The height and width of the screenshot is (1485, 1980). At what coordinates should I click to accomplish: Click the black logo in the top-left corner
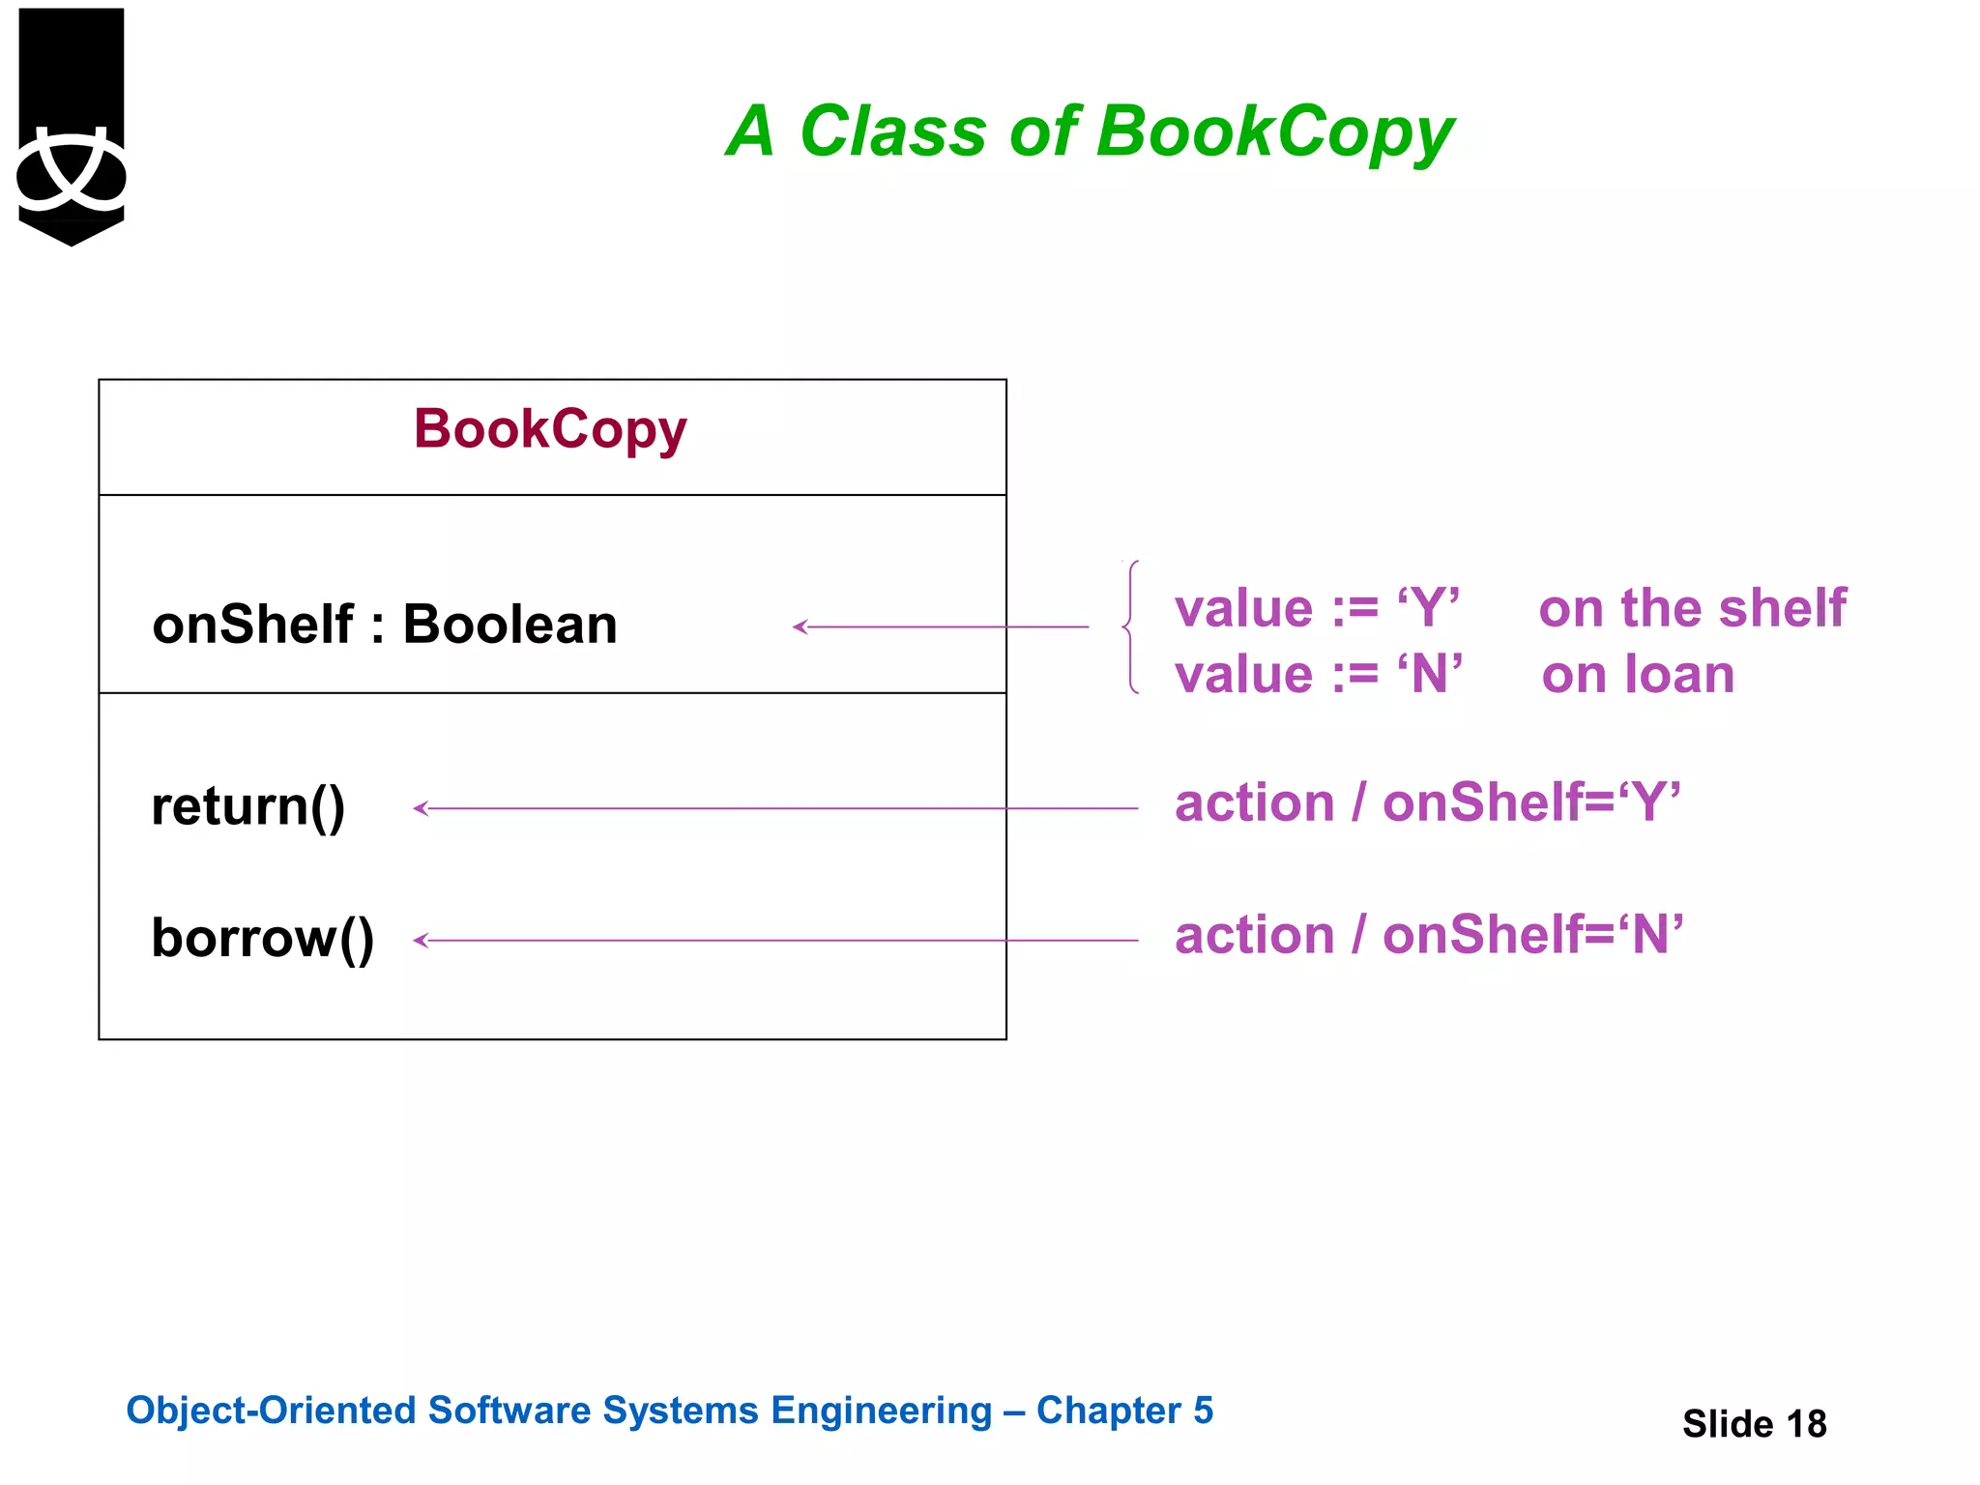coord(72,126)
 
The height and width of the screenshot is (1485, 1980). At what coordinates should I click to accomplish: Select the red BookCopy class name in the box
coord(550,429)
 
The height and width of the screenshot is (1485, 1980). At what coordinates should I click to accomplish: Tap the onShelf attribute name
coord(253,624)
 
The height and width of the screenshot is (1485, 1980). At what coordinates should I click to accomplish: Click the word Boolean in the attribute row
coord(510,624)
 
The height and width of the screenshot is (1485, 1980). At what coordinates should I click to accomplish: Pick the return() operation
coord(248,806)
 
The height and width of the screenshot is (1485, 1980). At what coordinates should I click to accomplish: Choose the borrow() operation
coord(263,938)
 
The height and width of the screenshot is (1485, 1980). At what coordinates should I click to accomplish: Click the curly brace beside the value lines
coord(1130,626)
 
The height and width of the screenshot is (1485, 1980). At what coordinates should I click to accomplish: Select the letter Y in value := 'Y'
coord(1428,609)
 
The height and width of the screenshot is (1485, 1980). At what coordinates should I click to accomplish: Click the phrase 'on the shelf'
coord(1692,608)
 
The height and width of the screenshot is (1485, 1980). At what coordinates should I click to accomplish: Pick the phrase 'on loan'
coord(1638,674)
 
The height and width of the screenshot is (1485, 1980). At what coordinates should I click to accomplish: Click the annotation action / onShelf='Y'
coord(1427,802)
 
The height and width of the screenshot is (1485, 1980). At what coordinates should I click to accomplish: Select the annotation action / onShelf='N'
coord(1429,935)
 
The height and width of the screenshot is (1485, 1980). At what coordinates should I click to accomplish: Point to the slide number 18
coord(1806,1424)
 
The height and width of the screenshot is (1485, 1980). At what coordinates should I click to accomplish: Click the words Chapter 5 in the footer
coord(1124,1411)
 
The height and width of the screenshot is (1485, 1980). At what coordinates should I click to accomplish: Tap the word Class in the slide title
coord(892,131)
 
